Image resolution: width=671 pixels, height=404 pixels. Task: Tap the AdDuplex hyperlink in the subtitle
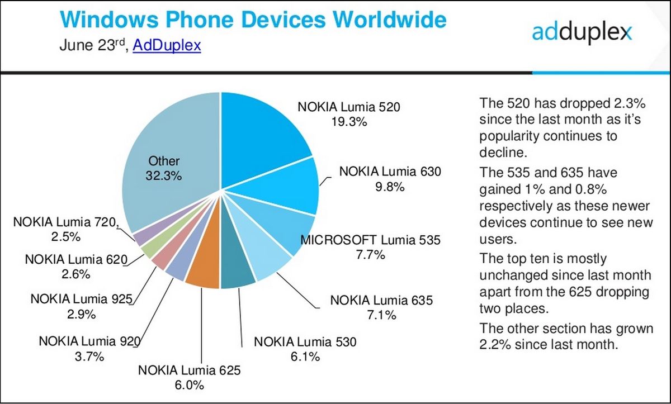[x=167, y=45]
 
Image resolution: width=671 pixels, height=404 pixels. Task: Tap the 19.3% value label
[x=348, y=121]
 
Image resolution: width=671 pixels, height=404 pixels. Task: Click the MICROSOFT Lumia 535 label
[x=371, y=240]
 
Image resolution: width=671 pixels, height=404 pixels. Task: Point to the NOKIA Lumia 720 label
[x=66, y=222]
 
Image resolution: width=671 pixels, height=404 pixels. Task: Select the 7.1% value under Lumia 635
[x=382, y=315]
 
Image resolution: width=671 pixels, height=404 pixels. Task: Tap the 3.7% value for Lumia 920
[x=89, y=356]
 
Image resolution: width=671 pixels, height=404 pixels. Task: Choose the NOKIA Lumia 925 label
[x=81, y=299]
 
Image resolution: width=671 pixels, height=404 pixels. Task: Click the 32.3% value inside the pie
[x=164, y=176]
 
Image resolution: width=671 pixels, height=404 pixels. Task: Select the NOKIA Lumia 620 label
[x=77, y=259]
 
